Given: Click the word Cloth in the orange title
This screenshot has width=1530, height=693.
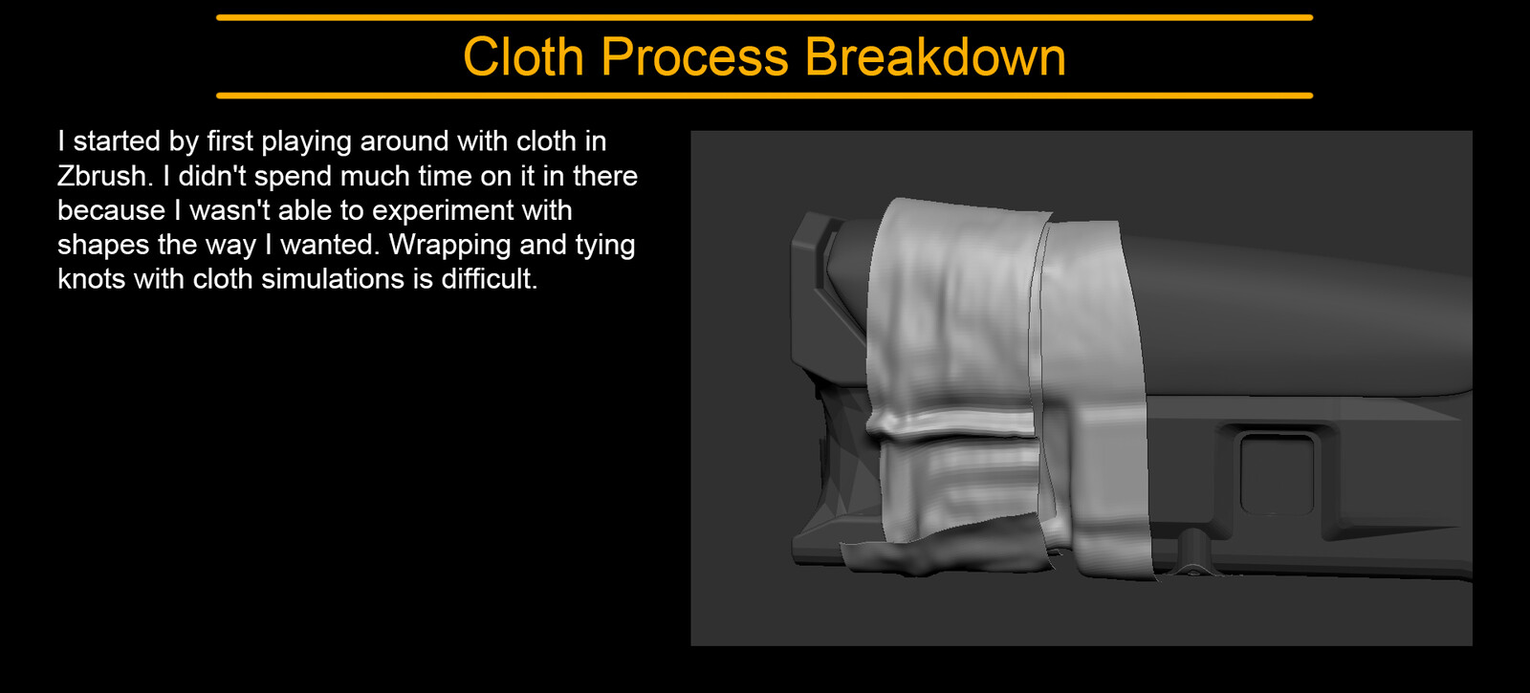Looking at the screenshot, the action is pyautogui.click(x=523, y=56).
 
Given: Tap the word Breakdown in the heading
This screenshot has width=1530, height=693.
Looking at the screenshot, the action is pyautogui.click(x=935, y=56).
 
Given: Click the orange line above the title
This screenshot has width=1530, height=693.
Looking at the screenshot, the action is pyautogui.click(x=764, y=18).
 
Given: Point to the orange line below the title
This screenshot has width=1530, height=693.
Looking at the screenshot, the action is pyautogui.click(x=764, y=96).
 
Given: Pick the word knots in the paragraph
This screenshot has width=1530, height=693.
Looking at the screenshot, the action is pyautogui.click(x=92, y=279).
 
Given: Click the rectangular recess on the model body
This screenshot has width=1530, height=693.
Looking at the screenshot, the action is pyautogui.click(x=1276, y=474).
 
